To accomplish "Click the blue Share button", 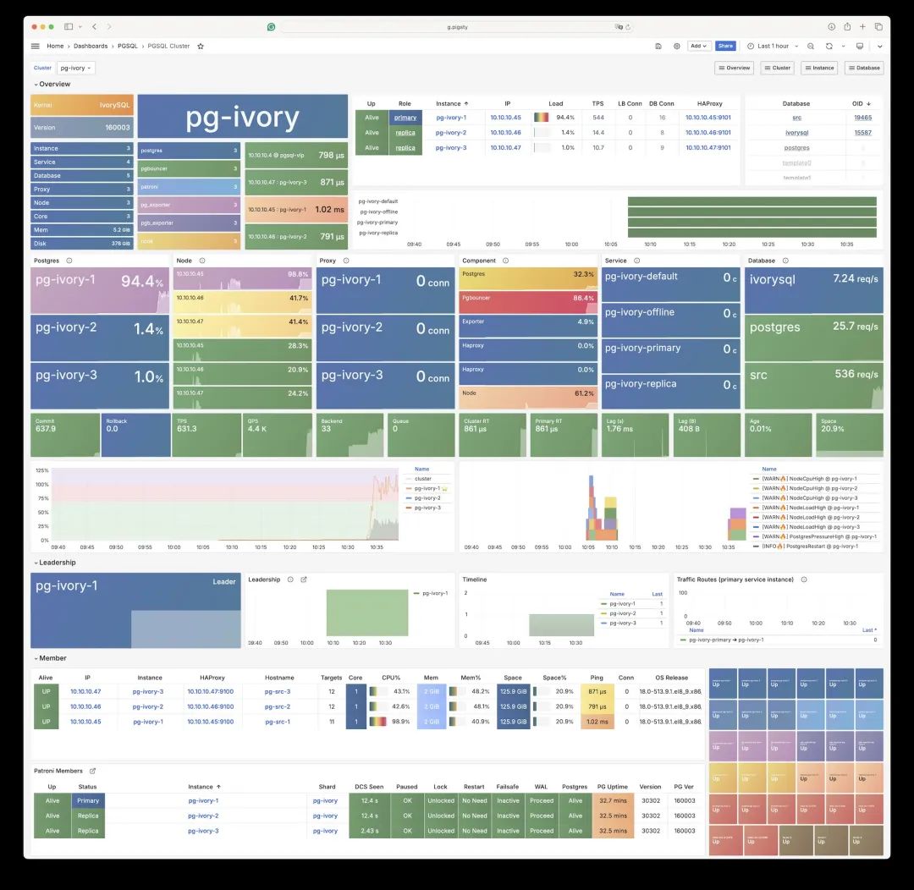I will [725, 46].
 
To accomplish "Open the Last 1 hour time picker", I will [773, 46].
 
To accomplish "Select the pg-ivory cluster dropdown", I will [77, 68].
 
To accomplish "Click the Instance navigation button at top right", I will [819, 68].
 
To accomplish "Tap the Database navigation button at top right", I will [864, 68].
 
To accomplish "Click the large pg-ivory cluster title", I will [242, 118].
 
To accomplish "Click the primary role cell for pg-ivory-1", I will [405, 118].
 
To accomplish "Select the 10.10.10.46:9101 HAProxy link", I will [708, 133].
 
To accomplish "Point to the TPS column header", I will [598, 103].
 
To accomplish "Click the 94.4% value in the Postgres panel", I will [141, 282].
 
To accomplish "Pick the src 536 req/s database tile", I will [814, 374].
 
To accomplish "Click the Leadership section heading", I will [58, 563].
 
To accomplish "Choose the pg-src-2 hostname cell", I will [277, 706].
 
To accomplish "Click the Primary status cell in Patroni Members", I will [88, 800].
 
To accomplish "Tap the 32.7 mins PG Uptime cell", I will [612, 800].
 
